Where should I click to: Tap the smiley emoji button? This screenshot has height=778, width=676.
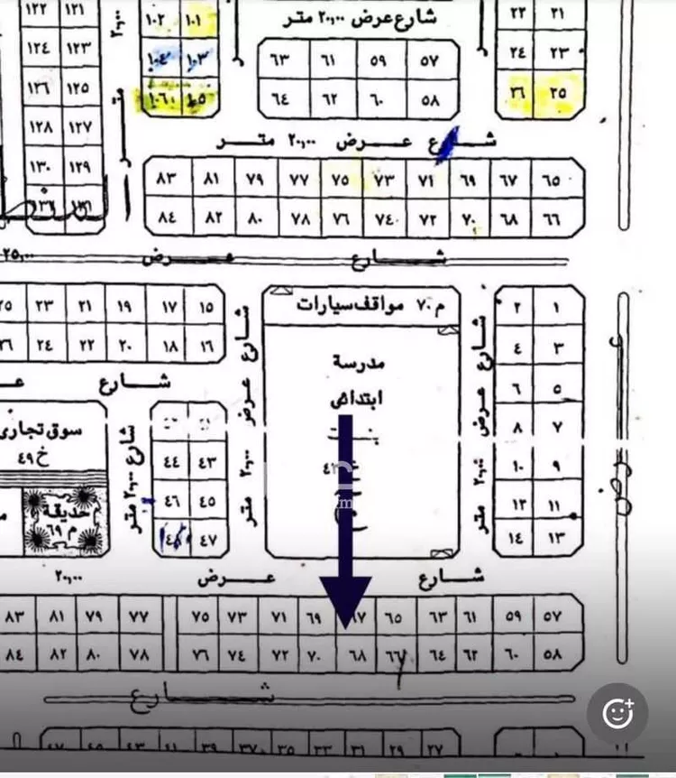tap(617, 713)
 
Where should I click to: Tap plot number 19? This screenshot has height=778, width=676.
tap(126, 307)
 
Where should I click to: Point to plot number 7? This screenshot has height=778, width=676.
tap(556, 427)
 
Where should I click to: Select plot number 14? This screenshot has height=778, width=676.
tap(516, 539)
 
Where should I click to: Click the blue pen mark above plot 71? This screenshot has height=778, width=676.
tap(443, 150)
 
